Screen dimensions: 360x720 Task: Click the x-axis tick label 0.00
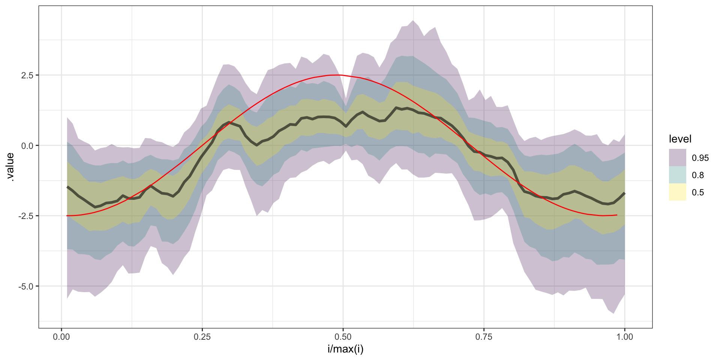pos(61,337)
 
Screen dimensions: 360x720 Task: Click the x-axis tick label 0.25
pos(202,337)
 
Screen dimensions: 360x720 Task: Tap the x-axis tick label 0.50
pos(343,337)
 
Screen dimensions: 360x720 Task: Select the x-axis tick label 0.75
pos(484,337)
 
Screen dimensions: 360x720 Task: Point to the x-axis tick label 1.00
pos(624,337)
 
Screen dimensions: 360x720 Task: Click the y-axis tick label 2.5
pos(27,75)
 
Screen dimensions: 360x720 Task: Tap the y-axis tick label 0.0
pos(27,145)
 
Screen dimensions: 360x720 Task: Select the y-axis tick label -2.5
pos(25,216)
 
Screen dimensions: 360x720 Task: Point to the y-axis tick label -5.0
pos(25,286)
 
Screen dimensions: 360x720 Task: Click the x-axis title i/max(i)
pos(345,349)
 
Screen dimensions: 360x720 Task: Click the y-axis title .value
pos(10,167)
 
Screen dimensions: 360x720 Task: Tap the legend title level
pos(680,139)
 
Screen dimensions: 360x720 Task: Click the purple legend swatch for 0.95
pos(677,157)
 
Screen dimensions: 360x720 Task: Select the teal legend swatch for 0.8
pos(677,175)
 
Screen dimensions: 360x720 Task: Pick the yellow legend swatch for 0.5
pos(677,192)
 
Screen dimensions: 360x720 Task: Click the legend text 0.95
pos(700,158)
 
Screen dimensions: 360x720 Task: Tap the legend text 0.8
pos(698,175)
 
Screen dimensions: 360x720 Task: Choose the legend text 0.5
pos(698,192)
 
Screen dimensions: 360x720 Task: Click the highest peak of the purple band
pos(413,21)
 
